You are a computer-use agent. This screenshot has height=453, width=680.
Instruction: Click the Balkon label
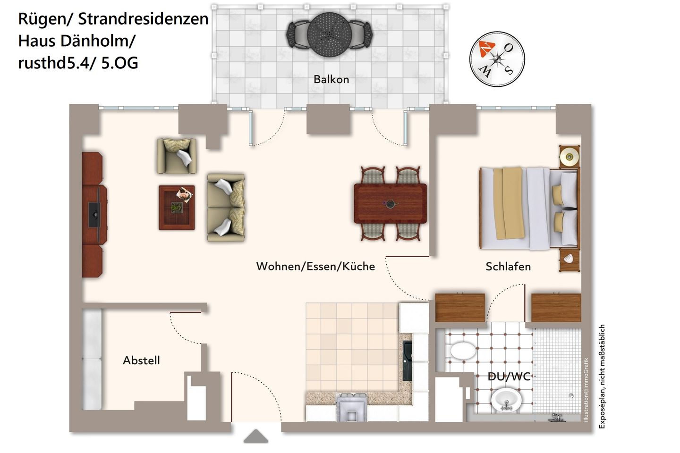pos(331,79)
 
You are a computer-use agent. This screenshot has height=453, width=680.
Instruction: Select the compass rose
pos(497,59)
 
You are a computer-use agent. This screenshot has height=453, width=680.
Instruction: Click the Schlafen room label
pos(508,267)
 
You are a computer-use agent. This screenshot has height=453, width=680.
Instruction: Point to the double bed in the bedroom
pos(528,208)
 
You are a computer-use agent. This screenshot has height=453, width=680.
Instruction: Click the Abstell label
pos(141,361)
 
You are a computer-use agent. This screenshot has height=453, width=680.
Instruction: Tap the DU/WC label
pos(509,377)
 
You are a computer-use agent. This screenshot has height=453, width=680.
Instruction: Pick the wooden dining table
pos(390,203)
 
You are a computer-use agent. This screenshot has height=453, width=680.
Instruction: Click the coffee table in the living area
pos(177,208)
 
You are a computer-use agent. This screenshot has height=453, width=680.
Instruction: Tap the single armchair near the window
pos(177,156)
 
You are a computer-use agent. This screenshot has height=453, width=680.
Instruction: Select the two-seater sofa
pos(226,207)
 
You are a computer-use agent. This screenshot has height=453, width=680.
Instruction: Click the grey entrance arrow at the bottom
pos(256,436)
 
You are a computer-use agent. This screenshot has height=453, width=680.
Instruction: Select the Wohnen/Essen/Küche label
pos(315,267)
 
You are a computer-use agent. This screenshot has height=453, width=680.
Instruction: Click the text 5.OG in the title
pos(119,63)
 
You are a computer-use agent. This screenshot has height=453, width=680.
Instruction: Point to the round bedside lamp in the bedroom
pos(569,156)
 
